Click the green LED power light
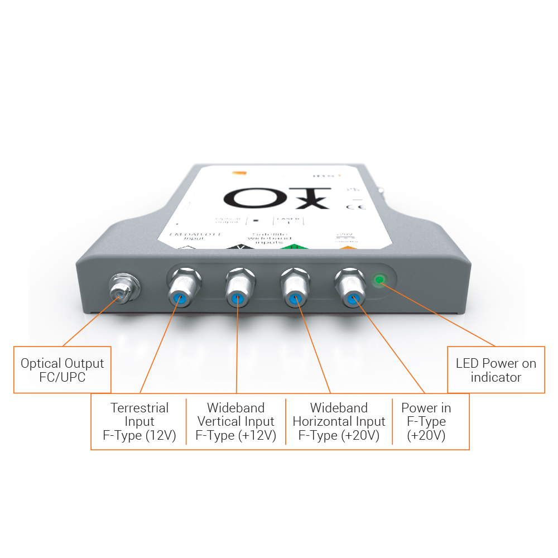coord(380,280)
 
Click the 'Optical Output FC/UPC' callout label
coord(62,370)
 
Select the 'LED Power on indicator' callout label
coord(496,370)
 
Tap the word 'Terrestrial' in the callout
coord(139,408)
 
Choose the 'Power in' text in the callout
coord(426,408)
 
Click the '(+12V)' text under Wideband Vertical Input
coord(256,436)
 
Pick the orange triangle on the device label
coord(347,248)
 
